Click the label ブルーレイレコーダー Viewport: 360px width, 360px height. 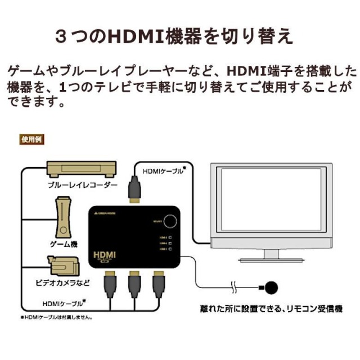tap(83, 185)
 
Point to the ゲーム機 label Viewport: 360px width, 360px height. tap(63, 245)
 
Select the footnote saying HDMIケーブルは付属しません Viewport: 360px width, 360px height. tap(57, 317)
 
